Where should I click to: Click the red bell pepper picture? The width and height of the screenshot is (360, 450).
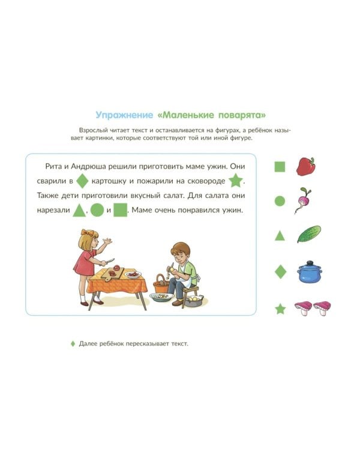(306, 166)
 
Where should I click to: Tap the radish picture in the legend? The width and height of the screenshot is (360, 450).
(304, 200)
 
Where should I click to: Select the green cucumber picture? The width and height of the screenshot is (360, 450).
(308, 234)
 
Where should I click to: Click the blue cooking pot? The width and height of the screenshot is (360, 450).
(310, 271)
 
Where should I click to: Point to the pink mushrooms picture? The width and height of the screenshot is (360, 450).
(313, 308)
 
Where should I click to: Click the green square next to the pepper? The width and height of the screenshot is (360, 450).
(280, 166)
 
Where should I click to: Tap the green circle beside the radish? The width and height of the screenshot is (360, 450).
(280, 201)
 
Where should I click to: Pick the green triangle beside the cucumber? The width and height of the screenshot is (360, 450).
(280, 236)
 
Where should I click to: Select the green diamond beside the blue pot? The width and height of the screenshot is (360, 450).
(280, 271)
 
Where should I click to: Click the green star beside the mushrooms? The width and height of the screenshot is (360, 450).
(280, 309)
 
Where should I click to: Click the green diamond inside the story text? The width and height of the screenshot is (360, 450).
(82, 181)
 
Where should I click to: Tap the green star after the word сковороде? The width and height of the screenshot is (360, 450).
(235, 181)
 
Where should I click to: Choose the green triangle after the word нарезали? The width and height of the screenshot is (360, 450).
(79, 211)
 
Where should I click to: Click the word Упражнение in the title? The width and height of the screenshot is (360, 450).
(124, 115)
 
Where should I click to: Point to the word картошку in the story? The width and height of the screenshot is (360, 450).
(109, 181)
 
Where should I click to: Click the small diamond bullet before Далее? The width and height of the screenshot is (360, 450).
(73, 344)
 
